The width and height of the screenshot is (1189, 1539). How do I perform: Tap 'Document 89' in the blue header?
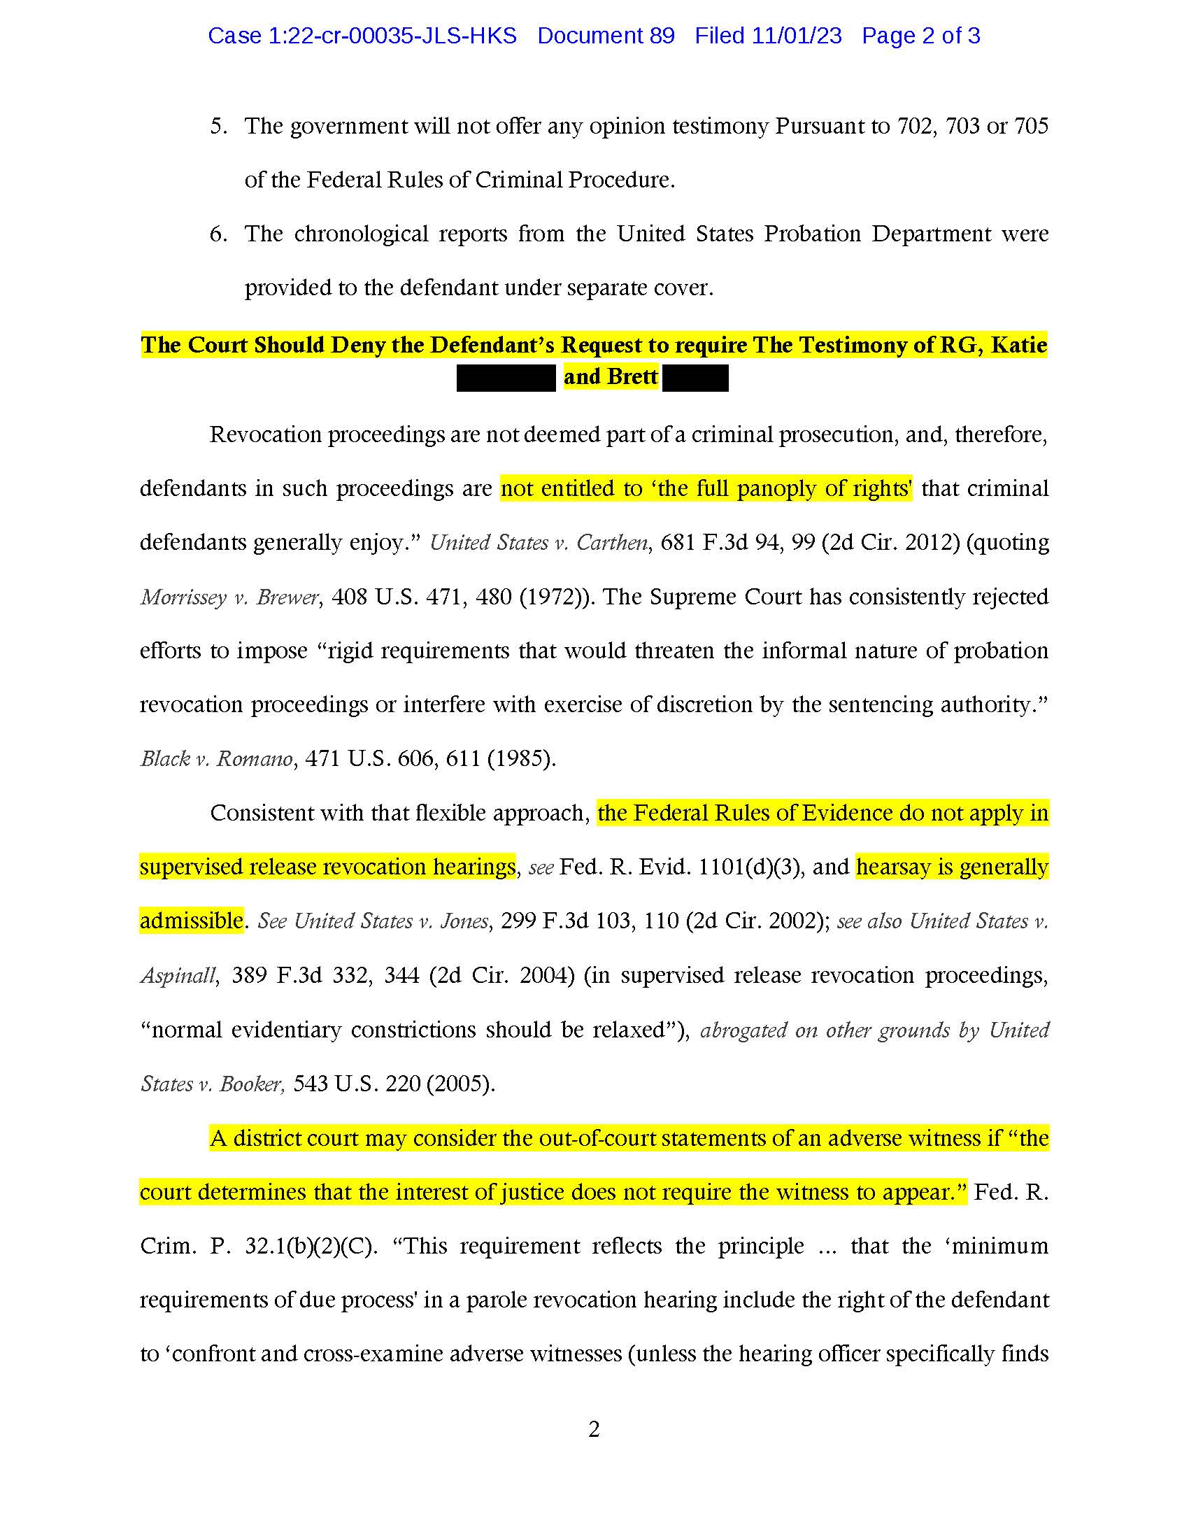606,36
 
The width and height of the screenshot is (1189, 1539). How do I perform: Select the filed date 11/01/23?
796,36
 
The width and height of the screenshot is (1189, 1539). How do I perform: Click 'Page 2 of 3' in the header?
920,36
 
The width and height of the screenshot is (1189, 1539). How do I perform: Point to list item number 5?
218,127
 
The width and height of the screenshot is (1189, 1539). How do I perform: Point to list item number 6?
218,234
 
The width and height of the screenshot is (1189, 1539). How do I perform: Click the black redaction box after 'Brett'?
695,378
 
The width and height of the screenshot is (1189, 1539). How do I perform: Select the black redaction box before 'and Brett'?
506,378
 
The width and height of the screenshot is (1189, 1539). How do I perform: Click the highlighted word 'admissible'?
192,921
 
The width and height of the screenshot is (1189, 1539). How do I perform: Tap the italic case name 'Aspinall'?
178,975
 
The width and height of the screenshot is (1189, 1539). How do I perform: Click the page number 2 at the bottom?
594,1429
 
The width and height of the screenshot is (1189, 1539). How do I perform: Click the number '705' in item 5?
1031,127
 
